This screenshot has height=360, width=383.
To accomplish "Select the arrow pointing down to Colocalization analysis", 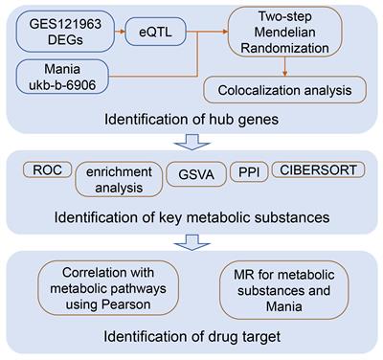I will [x=287, y=69].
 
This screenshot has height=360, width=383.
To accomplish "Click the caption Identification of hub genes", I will [x=191, y=122].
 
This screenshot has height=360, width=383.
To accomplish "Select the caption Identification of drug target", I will [x=191, y=334].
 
